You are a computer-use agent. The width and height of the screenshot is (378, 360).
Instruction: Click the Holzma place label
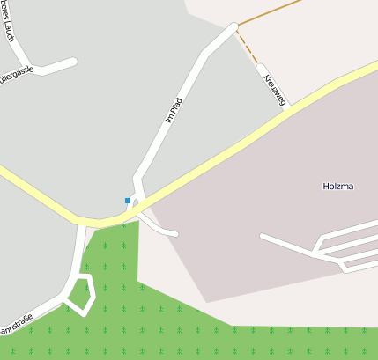coord(338,187)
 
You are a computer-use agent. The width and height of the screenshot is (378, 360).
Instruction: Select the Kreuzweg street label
coord(274,90)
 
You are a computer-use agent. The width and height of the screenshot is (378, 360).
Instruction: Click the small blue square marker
coord(128,201)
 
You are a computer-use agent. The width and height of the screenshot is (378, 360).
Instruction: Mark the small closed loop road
coord(80,294)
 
